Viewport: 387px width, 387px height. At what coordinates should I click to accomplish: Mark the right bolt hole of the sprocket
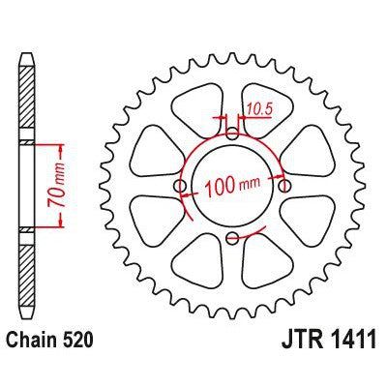pos(283,186)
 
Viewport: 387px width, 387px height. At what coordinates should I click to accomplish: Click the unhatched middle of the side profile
pos(26,186)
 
